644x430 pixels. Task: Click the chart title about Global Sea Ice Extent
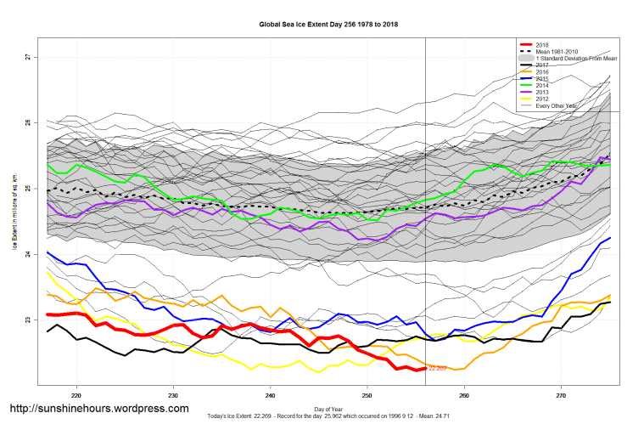coord(328,25)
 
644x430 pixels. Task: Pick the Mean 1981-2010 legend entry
coord(556,51)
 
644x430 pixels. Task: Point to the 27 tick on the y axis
coord(27,57)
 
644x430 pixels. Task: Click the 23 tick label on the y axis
coord(27,320)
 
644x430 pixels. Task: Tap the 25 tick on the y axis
coord(27,189)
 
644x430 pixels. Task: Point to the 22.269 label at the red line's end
coord(438,369)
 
